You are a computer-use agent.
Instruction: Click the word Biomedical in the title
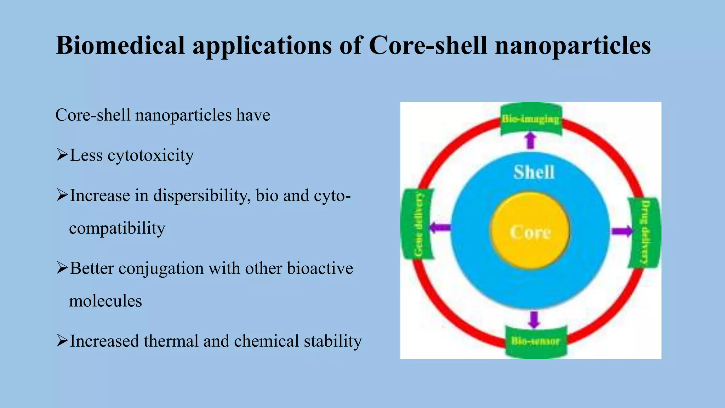click(120, 46)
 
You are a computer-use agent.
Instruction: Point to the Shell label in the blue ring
click(534, 172)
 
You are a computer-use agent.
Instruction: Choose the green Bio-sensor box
click(535, 341)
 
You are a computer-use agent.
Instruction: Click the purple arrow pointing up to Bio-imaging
click(530, 141)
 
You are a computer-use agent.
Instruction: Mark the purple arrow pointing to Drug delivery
click(622, 231)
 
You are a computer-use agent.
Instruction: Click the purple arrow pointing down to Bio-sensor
click(534, 319)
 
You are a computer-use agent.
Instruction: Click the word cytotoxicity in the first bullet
click(150, 155)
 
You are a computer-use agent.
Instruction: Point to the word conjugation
click(161, 268)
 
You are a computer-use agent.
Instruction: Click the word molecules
click(105, 301)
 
